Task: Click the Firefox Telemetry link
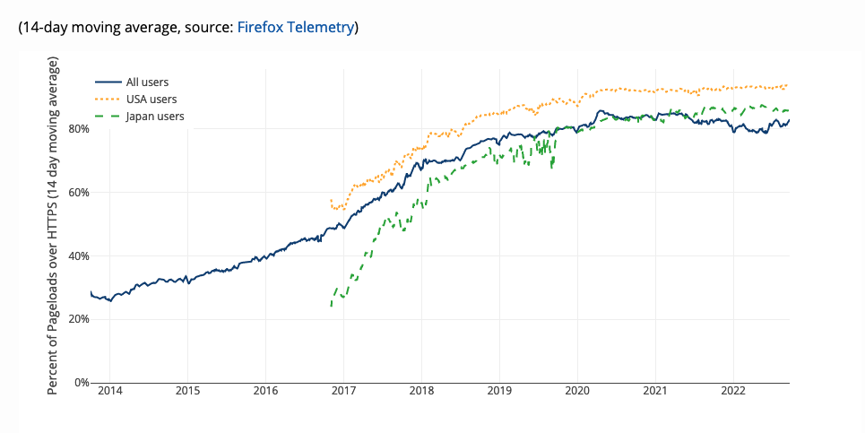click(295, 28)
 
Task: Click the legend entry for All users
click(147, 82)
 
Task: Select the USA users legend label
click(151, 100)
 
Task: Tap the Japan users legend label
click(155, 117)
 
